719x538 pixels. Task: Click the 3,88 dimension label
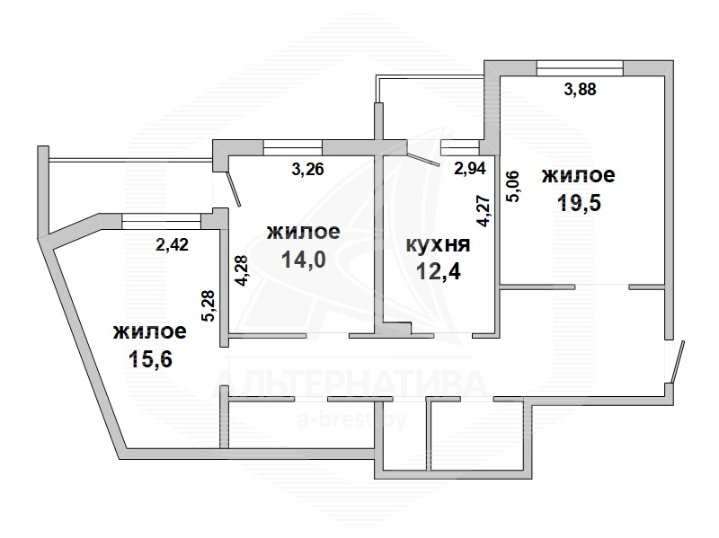(580, 88)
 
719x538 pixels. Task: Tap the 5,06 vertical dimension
(512, 186)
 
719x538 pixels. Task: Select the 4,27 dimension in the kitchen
(484, 211)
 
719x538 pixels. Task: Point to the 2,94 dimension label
(469, 168)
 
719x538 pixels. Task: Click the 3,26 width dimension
(307, 169)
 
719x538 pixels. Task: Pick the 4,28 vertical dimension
(241, 271)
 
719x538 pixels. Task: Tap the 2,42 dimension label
(172, 244)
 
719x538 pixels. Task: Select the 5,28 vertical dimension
(209, 305)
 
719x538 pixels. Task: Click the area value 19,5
(579, 203)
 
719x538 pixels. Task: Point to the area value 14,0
(304, 260)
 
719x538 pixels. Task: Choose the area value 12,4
(439, 272)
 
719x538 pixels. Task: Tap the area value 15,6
(150, 359)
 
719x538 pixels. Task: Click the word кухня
(439, 245)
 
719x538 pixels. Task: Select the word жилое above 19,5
(578, 175)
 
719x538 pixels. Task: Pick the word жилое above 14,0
(304, 232)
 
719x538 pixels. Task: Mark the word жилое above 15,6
(150, 331)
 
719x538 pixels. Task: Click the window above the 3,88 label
(580, 68)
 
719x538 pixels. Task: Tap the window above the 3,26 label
(293, 147)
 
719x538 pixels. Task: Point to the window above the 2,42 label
(162, 220)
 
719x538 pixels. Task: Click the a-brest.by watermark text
(352, 420)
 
